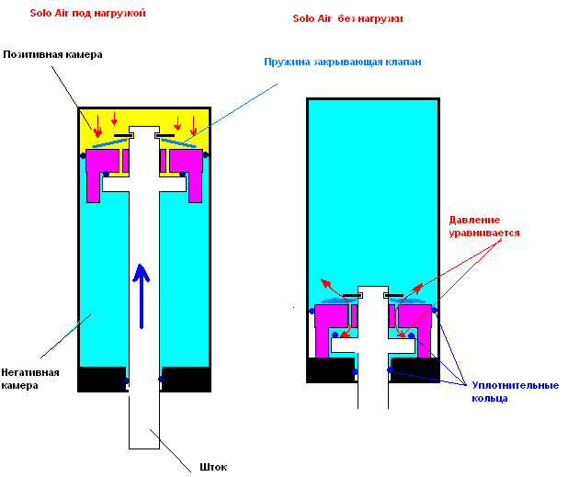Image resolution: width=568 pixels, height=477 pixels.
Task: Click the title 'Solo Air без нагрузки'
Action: [346, 17]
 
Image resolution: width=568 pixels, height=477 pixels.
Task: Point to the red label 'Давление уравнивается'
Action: [484, 227]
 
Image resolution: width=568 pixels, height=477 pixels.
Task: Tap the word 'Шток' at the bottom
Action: [212, 466]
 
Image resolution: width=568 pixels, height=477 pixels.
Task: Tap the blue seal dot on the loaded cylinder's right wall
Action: [205, 154]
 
